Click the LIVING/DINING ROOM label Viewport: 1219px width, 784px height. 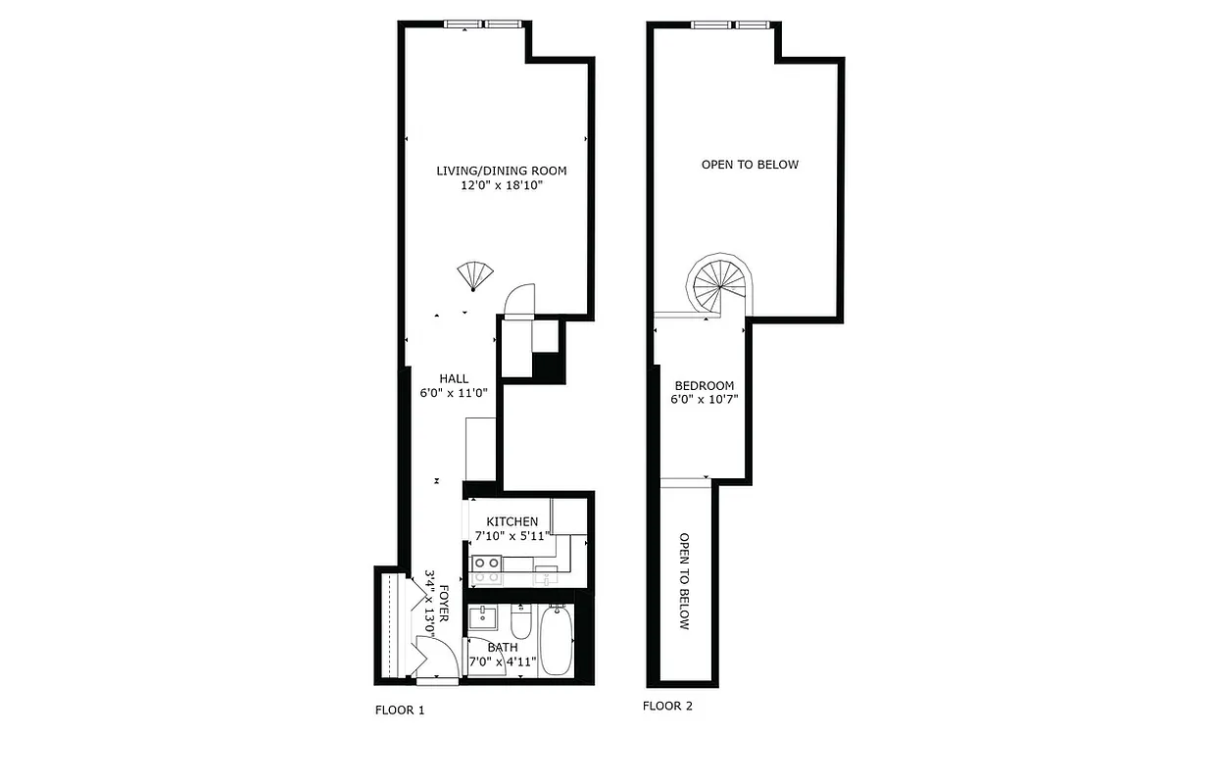click(501, 171)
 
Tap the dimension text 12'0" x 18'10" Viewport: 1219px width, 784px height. click(501, 185)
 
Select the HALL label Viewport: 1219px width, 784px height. click(453, 378)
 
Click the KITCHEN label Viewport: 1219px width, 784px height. click(512, 521)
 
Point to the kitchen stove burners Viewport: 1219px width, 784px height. click(486, 563)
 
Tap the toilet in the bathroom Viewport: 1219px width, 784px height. click(520, 623)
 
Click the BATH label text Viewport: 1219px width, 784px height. click(502, 648)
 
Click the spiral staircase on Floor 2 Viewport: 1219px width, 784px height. click(718, 285)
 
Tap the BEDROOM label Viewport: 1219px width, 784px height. click(704, 386)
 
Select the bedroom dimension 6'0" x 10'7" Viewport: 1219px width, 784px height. click(704, 400)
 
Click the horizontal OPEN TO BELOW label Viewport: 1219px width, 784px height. click(750, 165)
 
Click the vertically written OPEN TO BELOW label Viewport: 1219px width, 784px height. click(685, 581)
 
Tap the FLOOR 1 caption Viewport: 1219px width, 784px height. click(400, 710)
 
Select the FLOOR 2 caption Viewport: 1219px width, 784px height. click(667, 706)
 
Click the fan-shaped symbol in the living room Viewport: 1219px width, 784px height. click(473, 276)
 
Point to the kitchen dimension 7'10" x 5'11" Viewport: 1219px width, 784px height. click(512, 536)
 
